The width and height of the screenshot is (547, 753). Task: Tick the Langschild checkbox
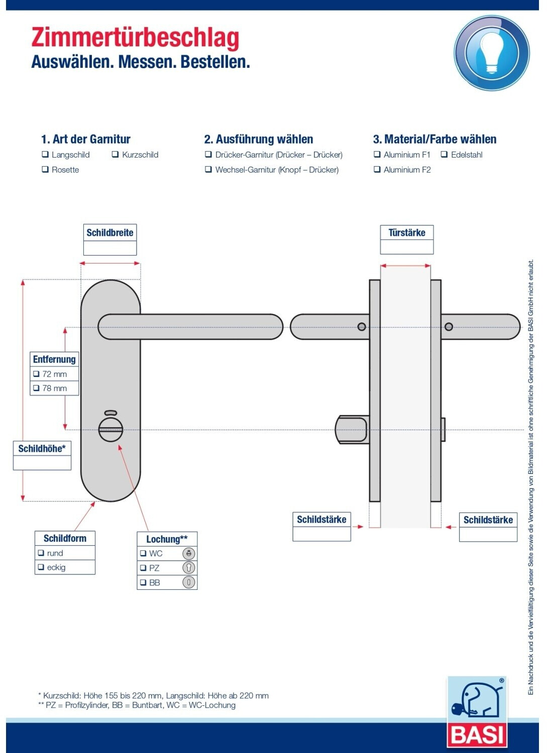point(45,154)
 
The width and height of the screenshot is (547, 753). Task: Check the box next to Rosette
point(45,169)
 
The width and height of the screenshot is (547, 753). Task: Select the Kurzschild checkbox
point(115,154)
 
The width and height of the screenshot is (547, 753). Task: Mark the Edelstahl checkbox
point(444,154)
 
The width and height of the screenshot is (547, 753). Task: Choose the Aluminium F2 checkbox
point(377,169)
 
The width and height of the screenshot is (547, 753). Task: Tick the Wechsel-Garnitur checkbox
point(208,169)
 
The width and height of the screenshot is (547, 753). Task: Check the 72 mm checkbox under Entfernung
point(36,373)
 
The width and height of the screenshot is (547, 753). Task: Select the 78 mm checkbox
point(36,388)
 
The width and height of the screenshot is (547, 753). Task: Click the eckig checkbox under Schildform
point(41,567)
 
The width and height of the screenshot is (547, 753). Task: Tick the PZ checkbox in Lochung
point(143,568)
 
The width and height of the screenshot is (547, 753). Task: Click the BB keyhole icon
point(189,582)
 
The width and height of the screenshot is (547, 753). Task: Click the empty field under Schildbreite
point(110,248)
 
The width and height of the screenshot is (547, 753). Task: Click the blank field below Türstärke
point(407,247)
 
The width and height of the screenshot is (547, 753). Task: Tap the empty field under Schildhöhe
point(42,462)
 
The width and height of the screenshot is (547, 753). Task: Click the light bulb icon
point(491,53)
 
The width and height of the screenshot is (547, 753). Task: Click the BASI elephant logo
point(477,713)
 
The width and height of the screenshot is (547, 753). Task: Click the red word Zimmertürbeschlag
point(135,38)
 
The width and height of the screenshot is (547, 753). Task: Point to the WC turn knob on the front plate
point(111,430)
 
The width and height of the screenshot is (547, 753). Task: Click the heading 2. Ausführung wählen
point(258,139)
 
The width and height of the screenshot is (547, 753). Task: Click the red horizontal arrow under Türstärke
point(405,266)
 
